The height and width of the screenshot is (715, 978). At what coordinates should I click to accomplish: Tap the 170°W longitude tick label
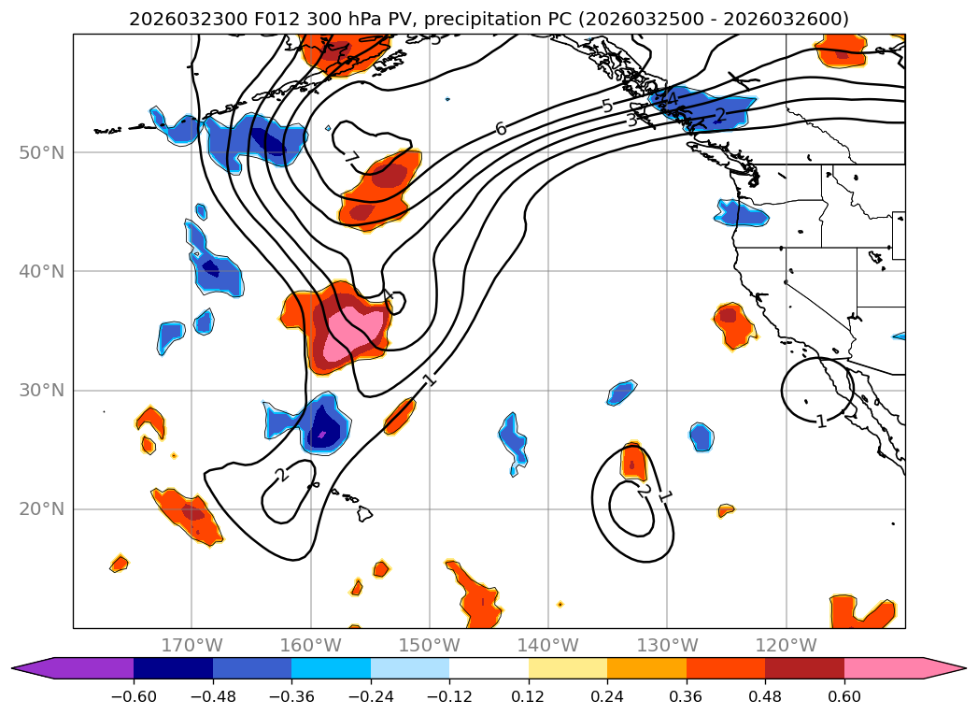[191, 645]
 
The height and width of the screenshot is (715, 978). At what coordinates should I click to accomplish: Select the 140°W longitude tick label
[548, 645]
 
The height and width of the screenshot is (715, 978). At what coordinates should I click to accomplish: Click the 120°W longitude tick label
[786, 645]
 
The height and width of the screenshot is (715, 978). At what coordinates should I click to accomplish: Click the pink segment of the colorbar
[884, 668]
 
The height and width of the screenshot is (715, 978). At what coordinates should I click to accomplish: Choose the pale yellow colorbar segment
[568, 668]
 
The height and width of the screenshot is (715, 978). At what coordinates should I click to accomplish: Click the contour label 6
[502, 129]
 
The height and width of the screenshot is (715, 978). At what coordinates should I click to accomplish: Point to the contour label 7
[351, 158]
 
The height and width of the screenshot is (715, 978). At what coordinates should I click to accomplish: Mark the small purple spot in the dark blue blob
[322, 434]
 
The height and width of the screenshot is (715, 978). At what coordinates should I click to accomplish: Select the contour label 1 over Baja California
[820, 422]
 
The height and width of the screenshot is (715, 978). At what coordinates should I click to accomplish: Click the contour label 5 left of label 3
[607, 106]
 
